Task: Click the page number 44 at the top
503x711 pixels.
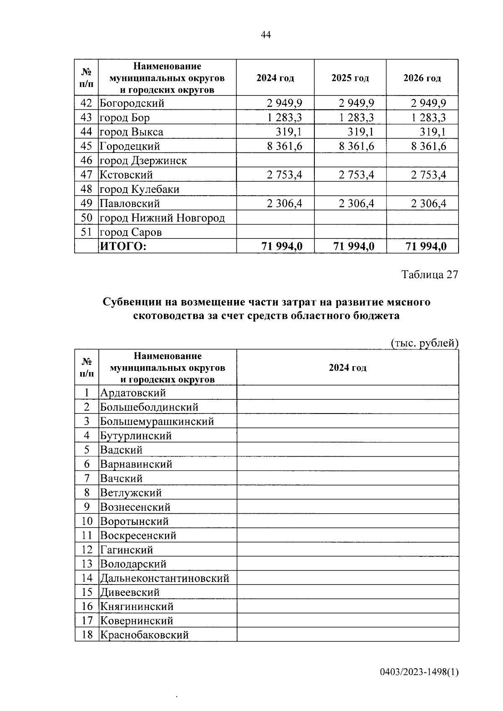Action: (x=266, y=35)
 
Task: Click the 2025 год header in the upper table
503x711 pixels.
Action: (x=350, y=78)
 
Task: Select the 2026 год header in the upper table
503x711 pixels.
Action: (x=422, y=78)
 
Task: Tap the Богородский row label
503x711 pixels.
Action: (x=132, y=103)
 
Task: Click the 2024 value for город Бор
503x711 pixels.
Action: (x=284, y=117)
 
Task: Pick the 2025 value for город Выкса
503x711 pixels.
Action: (x=361, y=132)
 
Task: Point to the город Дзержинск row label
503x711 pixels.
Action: (x=143, y=160)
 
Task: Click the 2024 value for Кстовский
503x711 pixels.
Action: (x=284, y=175)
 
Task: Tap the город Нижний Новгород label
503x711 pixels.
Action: (x=162, y=218)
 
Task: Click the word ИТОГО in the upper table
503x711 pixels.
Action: (x=123, y=246)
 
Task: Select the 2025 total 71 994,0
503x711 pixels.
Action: (x=354, y=246)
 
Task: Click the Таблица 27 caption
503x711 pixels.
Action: (x=430, y=274)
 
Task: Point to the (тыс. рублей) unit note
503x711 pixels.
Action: (x=425, y=343)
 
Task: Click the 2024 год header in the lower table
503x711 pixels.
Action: (x=347, y=367)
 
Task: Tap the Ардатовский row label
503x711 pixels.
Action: (x=133, y=393)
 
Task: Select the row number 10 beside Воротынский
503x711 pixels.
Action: (x=87, y=521)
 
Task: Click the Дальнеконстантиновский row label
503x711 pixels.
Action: (x=164, y=579)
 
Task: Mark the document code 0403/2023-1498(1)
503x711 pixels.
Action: (x=419, y=672)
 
